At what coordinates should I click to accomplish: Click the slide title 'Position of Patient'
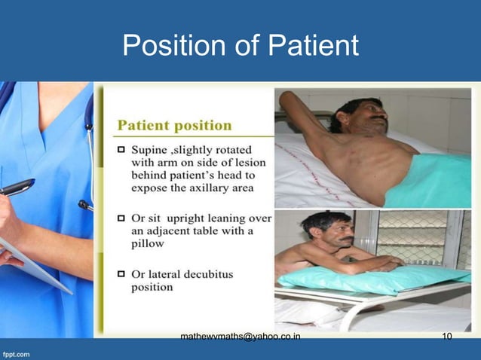pos(240,46)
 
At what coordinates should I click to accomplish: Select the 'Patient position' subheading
pos(174,124)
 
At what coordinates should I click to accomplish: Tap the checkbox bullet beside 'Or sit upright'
pos(121,217)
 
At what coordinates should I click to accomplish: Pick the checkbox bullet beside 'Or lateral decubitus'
pos(121,273)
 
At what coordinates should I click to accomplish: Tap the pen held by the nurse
pos(15,187)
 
